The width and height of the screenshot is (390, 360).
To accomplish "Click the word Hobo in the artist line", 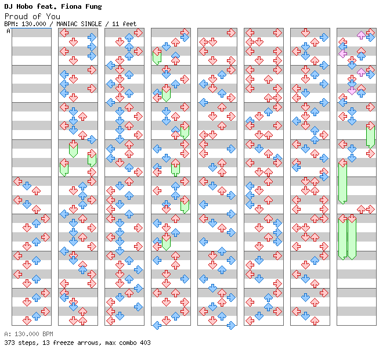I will point(26,6).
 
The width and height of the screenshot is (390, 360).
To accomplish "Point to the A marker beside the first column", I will point(8,31).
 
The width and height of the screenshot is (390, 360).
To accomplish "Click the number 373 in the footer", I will point(9,343).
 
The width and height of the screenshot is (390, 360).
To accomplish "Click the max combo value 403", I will point(145,343).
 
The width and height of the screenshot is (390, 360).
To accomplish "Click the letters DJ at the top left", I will point(8,6).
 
